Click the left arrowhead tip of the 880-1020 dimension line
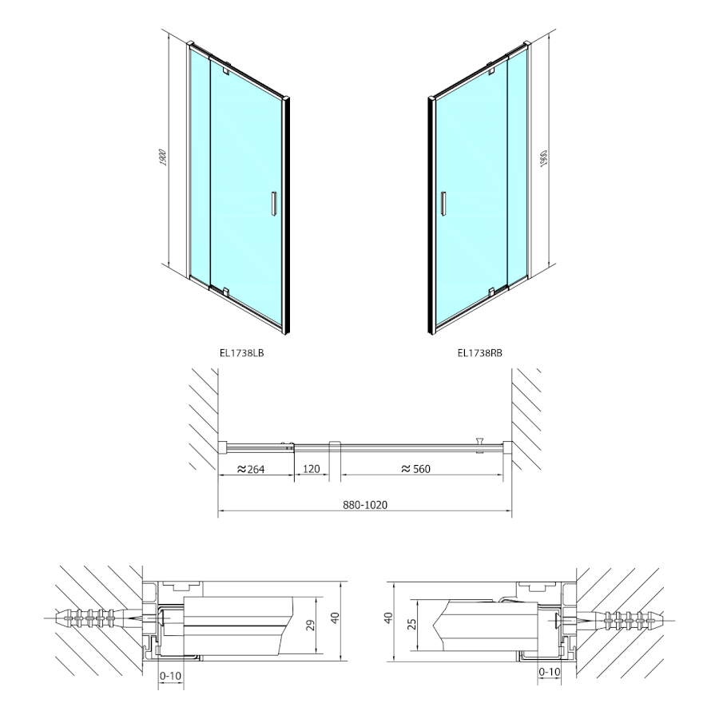[x=218, y=510]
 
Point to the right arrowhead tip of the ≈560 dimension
[x=503, y=475]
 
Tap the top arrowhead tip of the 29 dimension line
[x=316, y=598]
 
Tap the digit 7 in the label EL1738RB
[x=475, y=353]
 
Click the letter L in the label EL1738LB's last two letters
[x=256, y=353]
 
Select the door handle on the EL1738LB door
[x=273, y=203]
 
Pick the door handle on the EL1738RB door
[x=443, y=203]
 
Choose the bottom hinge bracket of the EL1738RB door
[x=491, y=291]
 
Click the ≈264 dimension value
[x=251, y=469]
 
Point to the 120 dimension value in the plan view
[x=312, y=469]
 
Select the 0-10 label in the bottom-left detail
[x=171, y=676]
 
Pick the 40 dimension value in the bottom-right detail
[x=388, y=618]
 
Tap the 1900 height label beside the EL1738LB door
[x=164, y=157]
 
